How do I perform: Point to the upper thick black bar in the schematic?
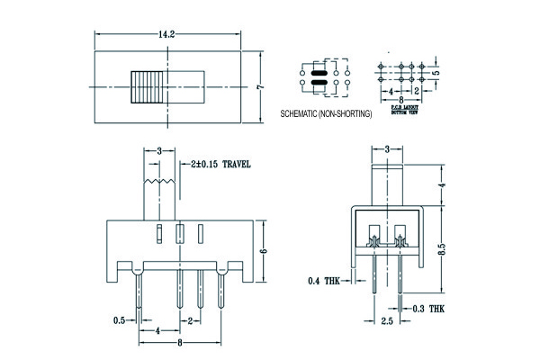point(317,72)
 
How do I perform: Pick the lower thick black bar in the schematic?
point(317,85)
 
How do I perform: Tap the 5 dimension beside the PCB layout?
point(435,73)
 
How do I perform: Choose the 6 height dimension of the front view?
point(263,253)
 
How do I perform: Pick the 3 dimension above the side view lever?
point(387,148)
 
